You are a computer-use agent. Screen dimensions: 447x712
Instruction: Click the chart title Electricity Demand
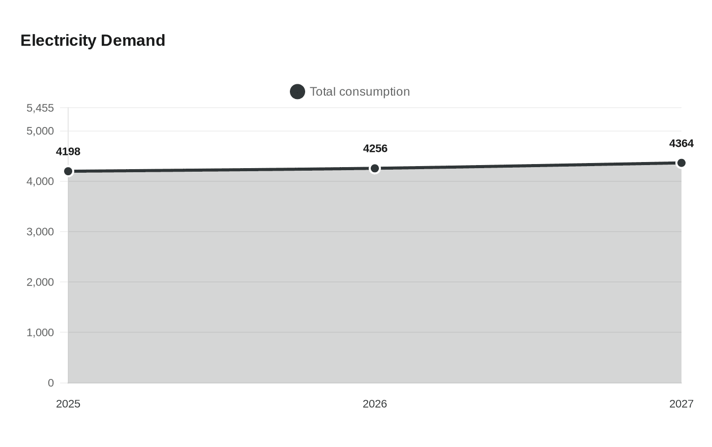click(93, 41)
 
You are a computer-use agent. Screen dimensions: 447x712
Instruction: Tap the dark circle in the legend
click(298, 91)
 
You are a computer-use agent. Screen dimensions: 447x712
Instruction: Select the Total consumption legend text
click(360, 91)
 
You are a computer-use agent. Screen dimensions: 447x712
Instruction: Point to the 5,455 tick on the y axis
click(40, 108)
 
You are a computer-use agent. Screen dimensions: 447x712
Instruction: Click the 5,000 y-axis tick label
click(40, 131)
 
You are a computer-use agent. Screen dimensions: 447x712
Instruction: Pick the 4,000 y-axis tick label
click(40, 181)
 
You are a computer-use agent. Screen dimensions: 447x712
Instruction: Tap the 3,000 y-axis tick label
click(40, 232)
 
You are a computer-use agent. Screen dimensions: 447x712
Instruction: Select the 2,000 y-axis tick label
click(40, 282)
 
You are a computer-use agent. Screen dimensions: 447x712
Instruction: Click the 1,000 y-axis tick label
click(40, 332)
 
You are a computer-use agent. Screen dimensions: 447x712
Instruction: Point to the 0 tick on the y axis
click(51, 383)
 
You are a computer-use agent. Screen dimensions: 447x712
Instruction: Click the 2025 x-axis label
click(68, 404)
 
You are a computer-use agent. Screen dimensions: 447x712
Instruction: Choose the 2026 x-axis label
click(375, 404)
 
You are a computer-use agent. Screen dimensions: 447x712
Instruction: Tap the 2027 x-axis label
click(681, 404)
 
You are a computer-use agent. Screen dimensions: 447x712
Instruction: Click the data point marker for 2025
click(68, 171)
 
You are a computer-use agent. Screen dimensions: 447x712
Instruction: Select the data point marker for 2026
click(375, 168)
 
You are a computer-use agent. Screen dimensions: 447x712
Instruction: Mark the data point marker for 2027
click(681, 163)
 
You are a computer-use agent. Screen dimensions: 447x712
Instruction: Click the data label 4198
click(68, 151)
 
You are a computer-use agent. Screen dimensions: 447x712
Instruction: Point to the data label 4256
click(375, 148)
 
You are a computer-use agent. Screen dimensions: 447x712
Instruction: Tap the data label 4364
click(681, 143)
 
